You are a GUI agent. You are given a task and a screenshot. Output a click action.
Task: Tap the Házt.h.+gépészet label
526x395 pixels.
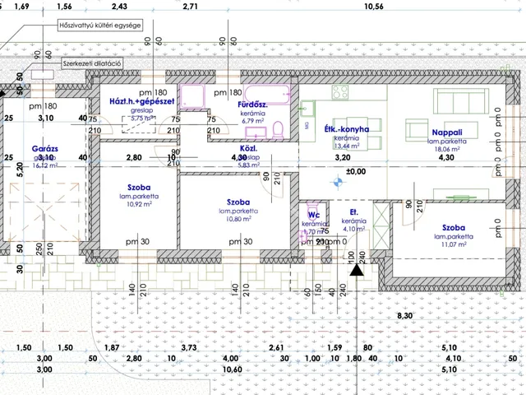click(141, 101)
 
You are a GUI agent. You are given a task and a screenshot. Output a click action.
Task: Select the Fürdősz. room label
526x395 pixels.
click(251, 105)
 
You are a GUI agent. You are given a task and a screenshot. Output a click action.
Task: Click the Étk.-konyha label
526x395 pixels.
click(347, 129)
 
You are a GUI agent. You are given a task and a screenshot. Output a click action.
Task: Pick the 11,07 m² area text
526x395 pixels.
click(459, 244)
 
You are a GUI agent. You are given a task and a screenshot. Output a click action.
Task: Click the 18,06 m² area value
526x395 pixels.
click(447, 151)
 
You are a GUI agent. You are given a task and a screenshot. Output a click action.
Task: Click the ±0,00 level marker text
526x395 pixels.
click(356, 172)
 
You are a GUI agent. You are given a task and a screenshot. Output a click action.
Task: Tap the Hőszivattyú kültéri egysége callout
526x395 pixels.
click(99, 26)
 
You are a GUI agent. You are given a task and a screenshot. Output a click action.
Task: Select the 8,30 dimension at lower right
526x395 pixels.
click(404, 315)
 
